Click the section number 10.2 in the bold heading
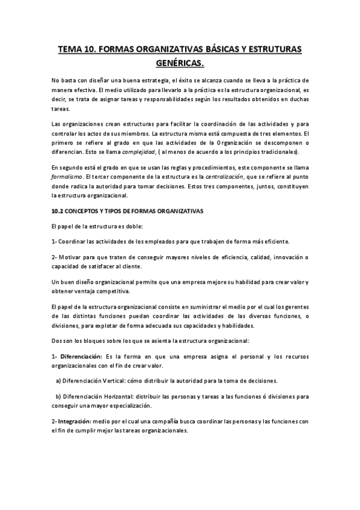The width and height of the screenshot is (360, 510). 58,211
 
